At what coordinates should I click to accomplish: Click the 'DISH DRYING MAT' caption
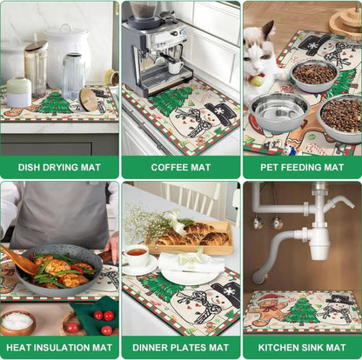point(59,167)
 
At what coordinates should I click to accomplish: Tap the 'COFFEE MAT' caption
point(181,167)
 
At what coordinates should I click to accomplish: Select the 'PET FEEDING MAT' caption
point(302,167)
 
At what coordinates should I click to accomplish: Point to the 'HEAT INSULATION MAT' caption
point(59,348)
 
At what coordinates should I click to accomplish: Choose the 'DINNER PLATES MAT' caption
point(181,348)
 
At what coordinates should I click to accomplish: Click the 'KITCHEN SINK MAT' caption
point(302,348)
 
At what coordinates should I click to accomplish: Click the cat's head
point(261,53)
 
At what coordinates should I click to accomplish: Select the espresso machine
point(157,49)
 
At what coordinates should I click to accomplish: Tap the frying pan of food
point(61,270)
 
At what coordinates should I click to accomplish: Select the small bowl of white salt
point(17,322)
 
